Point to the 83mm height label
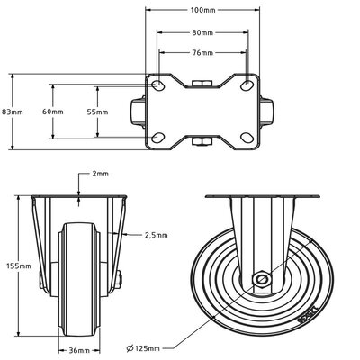click(x=11, y=112)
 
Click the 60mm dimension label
click(x=53, y=112)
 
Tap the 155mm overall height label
click(x=16, y=266)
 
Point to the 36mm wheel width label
click(x=81, y=349)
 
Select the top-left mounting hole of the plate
click(x=158, y=85)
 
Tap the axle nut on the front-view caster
click(x=118, y=279)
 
